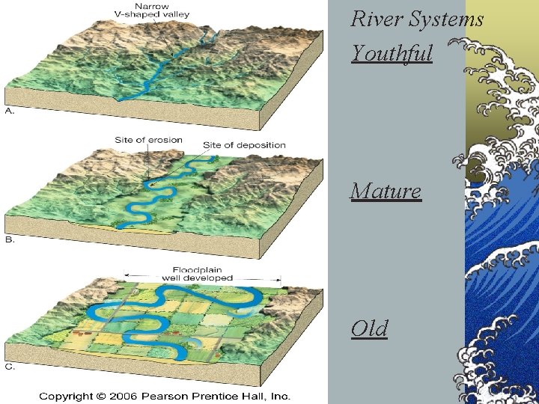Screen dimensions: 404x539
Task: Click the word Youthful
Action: click(392, 54)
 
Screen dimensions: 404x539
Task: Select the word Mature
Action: click(386, 192)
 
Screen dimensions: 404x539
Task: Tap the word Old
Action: click(369, 328)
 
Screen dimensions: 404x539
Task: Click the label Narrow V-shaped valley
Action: click(152, 10)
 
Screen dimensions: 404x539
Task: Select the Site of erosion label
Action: click(144, 140)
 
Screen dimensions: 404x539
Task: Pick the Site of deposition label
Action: click(244, 144)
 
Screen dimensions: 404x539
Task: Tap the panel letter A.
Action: click(10, 110)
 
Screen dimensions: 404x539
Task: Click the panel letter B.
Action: click(10, 240)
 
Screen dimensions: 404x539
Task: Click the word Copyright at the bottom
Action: click(66, 396)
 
